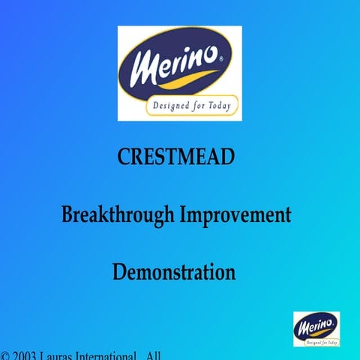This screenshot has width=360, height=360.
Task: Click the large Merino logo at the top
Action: [179, 73]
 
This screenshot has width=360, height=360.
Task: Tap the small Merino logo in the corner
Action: [316, 328]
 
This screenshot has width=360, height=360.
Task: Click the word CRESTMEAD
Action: [176, 157]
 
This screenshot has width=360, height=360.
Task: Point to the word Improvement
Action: [235, 215]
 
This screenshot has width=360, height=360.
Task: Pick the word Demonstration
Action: [174, 271]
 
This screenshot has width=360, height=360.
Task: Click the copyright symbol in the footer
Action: [5, 355]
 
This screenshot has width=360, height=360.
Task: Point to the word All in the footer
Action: [154, 355]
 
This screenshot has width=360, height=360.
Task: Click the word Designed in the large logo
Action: [170, 106]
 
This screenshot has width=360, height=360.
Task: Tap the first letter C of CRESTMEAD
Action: [124, 157]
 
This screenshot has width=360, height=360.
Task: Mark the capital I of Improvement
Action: [183, 215]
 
